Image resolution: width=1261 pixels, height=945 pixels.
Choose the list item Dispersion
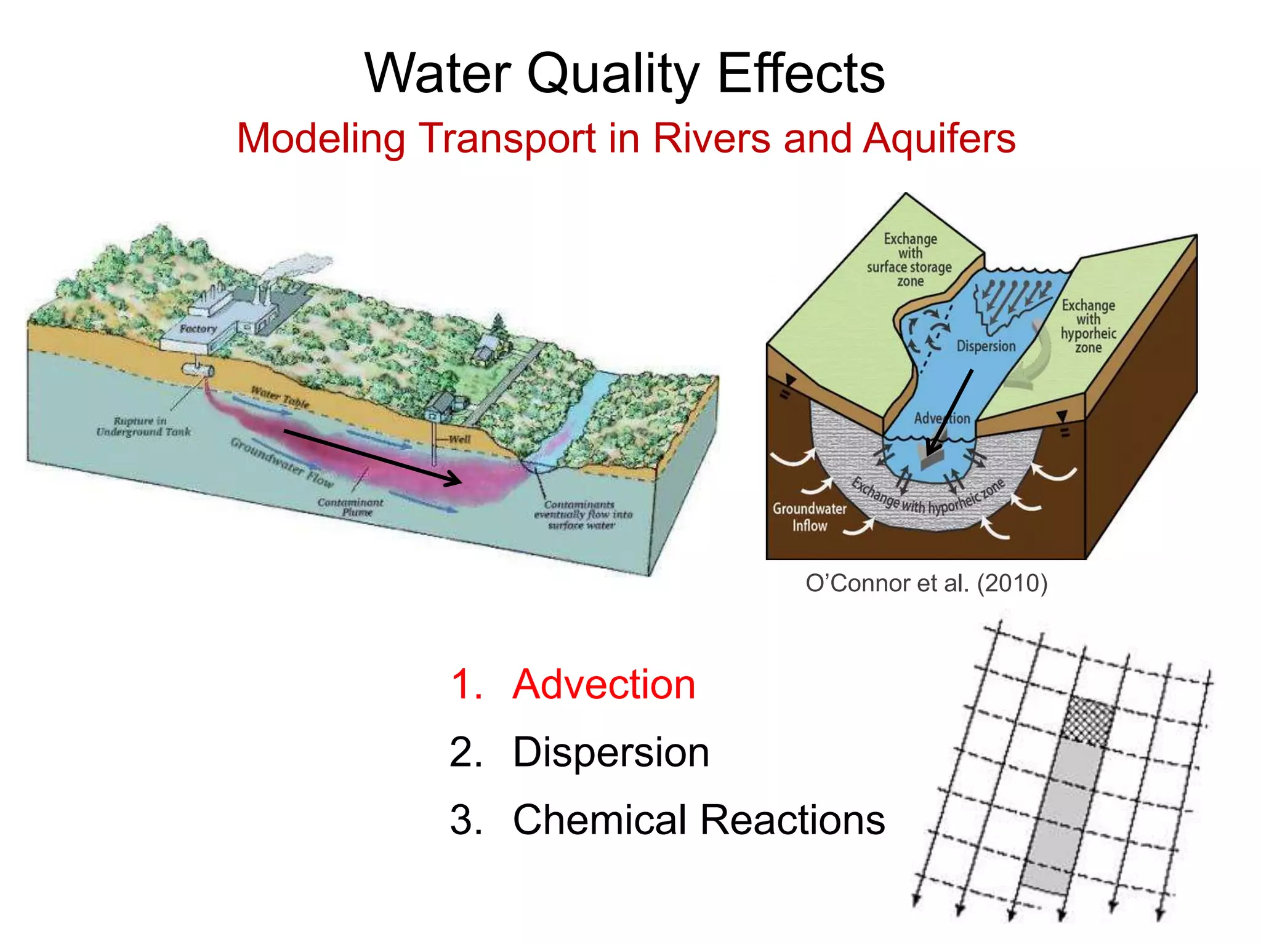tap(611, 752)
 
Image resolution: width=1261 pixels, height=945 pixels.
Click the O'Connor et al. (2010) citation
tap(926, 583)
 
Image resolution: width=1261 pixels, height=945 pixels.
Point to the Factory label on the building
tap(198, 329)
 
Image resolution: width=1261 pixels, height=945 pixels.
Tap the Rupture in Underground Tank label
tap(143, 426)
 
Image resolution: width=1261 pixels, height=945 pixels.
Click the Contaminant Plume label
tap(350, 507)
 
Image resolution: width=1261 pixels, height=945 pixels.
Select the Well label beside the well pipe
tap(459, 439)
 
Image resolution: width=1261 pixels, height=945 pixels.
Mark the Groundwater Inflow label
tap(809, 517)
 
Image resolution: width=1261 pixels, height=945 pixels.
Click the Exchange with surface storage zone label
tap(909, 260)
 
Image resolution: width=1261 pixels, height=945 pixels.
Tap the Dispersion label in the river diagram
tap(985, 346)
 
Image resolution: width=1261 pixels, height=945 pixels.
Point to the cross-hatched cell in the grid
tap(1089, 720)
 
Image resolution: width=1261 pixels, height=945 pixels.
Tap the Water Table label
tap(280, 397)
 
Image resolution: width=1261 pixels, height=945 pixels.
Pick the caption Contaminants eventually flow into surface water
tap(582, 514)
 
